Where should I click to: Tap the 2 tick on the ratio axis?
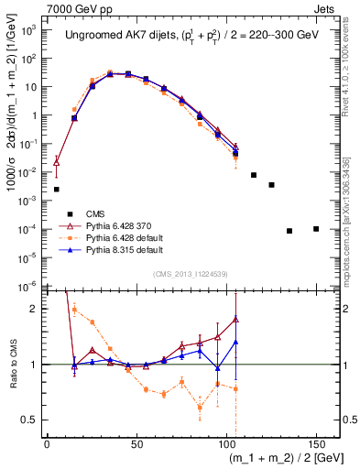(37, 309)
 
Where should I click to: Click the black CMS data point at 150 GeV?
(316, 229)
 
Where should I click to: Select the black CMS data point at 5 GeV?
(57, 190)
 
